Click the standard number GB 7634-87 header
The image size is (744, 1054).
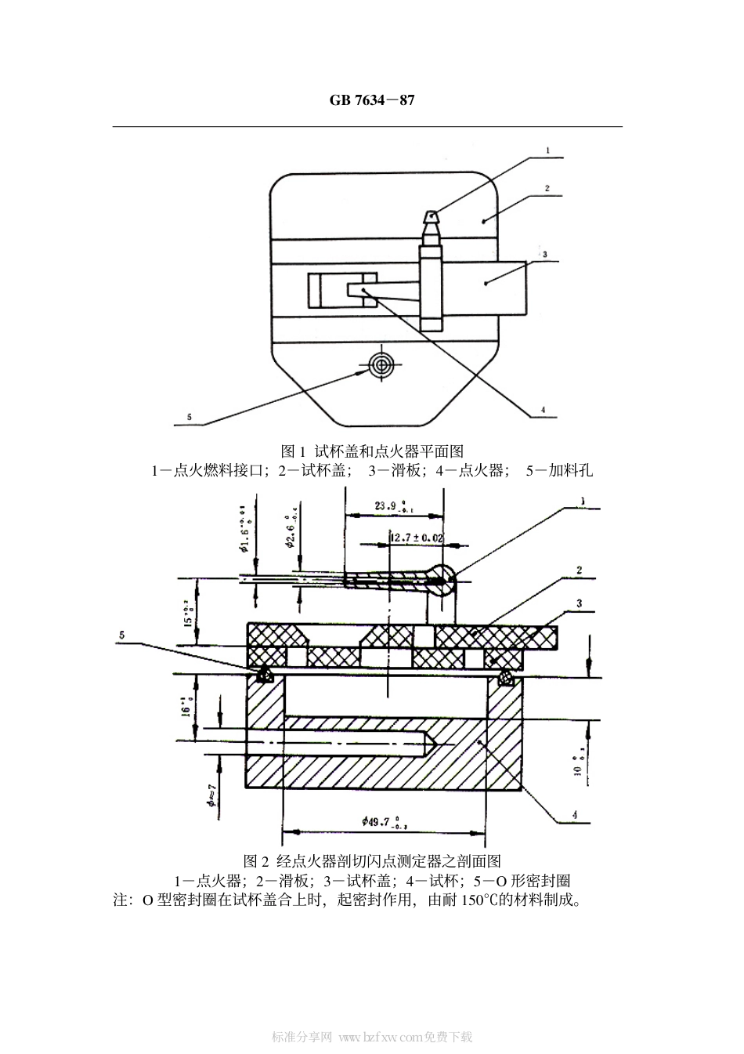(x=371, y=100)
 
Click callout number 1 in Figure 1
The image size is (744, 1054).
(x=548, y=149)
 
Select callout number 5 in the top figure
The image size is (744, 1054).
(x=189, y=418)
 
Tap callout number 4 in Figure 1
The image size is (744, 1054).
(x=543, y=409)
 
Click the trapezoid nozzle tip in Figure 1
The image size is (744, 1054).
(x=432, y=216)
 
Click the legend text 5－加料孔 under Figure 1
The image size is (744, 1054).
(x=558, y=470)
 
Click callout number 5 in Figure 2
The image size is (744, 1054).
(x=122, y=636)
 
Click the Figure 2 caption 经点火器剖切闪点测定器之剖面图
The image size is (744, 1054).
(x=372, y=860)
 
